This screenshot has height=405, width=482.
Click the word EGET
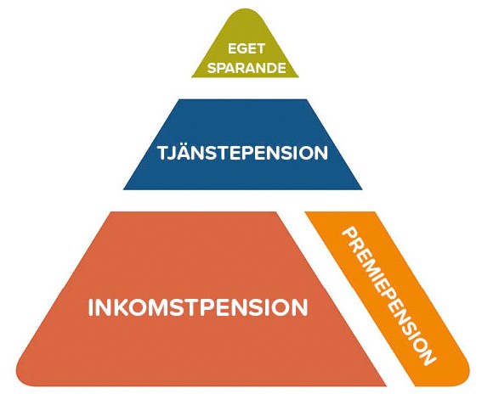(247, 49)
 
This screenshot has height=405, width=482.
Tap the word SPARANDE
(247, 68)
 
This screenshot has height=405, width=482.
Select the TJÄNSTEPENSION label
(243, 152)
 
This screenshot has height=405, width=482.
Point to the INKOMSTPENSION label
(198, 307)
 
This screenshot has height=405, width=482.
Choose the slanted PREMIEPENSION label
(388, 295)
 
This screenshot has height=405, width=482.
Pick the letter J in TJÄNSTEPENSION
(172, 153)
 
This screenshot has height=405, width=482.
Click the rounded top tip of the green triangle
(245, 9)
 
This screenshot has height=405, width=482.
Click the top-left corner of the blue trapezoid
(179, 99)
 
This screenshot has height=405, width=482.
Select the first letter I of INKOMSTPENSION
(91, 307)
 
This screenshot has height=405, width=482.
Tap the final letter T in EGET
(260, 49)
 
